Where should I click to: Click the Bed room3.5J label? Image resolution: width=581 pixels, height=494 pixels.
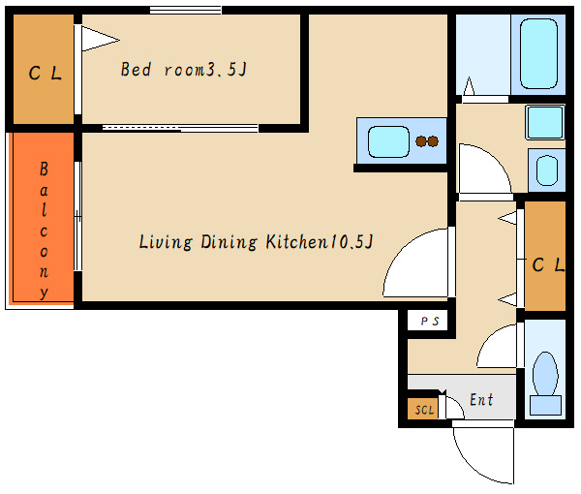point(183,70)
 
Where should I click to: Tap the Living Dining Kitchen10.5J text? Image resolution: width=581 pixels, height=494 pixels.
point(256,241)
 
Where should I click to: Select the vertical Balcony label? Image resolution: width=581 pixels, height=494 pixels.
point(44,230)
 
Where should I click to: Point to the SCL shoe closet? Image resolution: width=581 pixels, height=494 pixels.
point(423,409)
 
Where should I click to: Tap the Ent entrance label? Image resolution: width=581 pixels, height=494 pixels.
point(481,399)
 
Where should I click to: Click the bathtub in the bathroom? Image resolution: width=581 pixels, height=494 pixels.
point(538,54)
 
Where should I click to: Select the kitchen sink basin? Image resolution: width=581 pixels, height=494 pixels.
point(388,141)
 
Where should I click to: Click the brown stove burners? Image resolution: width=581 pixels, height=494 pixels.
point(427,141)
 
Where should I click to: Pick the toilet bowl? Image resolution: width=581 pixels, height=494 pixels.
point(545,374)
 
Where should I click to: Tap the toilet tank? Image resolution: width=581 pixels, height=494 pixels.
point(545,405)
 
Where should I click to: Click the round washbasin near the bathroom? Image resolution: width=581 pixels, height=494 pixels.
point(547,170)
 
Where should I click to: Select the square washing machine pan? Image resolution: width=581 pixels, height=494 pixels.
point(544,123)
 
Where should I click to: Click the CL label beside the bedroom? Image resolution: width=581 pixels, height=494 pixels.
point(45,73)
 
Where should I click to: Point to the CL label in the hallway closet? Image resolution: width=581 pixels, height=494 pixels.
point(548,264)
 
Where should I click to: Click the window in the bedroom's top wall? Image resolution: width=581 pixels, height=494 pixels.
point(186,10)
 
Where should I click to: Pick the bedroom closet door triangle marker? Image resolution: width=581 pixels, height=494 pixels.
point(100,39)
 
